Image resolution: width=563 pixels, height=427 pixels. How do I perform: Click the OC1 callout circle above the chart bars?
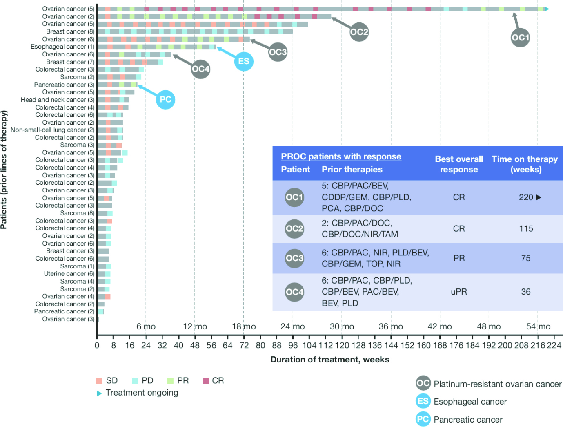[520, 38]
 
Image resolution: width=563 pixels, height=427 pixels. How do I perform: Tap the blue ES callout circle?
[243, 61]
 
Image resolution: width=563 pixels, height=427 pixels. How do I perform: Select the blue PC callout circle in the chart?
[165, 99]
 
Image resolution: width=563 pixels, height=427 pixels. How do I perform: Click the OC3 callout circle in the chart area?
[278, 52]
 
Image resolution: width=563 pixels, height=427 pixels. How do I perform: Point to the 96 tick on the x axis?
[293, 345]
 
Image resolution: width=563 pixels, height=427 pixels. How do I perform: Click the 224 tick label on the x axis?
[554, 345]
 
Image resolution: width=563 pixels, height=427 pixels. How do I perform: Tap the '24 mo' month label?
[292, 326]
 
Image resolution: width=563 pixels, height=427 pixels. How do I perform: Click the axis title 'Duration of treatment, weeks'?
[329, 360]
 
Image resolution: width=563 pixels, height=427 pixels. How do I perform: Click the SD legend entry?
[107, 380]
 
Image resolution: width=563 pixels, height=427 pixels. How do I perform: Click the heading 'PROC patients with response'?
[341, 156]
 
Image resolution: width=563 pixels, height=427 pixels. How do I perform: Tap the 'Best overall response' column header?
[458, 164]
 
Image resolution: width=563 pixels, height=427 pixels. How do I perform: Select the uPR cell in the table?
[458, 292]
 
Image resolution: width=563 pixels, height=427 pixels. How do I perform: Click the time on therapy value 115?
[526, 229]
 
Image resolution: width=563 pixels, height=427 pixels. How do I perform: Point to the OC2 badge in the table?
[294, 229]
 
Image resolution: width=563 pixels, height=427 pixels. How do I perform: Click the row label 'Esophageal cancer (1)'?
[62, 47]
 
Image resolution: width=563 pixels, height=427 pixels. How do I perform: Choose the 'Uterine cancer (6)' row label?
[69, 273]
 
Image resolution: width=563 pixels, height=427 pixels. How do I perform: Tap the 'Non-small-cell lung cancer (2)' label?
[53, 130]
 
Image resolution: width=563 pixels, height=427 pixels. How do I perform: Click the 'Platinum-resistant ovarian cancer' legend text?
[497, 384]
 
